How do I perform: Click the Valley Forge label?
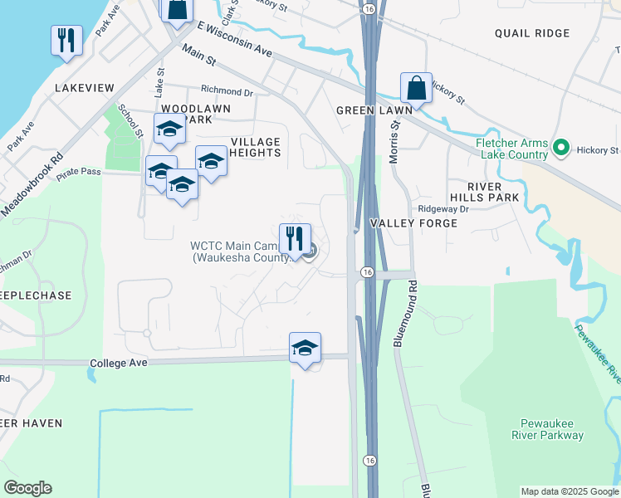(413, 224)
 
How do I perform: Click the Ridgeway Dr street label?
(443, 209)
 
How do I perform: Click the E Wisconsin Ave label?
(235, 40)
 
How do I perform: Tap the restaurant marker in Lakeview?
(66, 40)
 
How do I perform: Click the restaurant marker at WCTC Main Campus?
(295, 239)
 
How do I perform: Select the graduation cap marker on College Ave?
(305, 348)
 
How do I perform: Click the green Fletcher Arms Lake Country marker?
(561, 149)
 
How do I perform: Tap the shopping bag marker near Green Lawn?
(416, 88)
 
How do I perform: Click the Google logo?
(27, 488)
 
